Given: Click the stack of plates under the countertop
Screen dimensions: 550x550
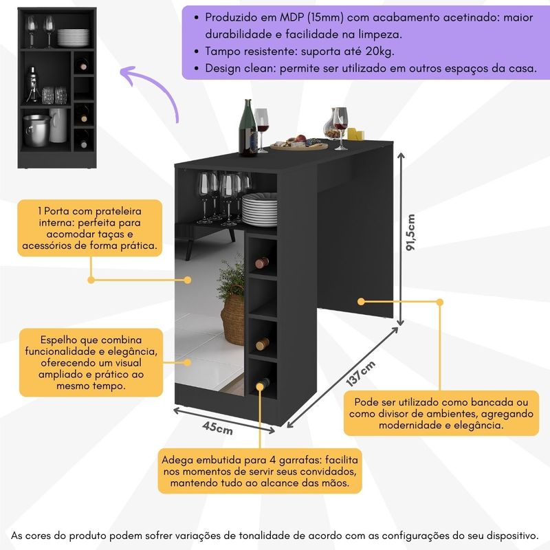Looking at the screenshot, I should [258, 209].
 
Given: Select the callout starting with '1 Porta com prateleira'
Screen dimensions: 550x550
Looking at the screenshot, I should [90, 227].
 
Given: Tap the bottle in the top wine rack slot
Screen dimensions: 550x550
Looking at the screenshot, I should [261, 262].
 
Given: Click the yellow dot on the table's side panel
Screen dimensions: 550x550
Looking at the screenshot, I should [361, 300].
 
